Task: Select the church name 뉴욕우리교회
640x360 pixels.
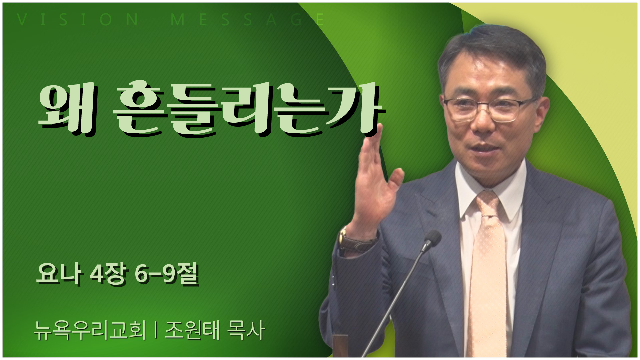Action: point(90,330)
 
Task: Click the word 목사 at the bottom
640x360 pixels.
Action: point(246,330)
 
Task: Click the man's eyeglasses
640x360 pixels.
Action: point(490,108)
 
